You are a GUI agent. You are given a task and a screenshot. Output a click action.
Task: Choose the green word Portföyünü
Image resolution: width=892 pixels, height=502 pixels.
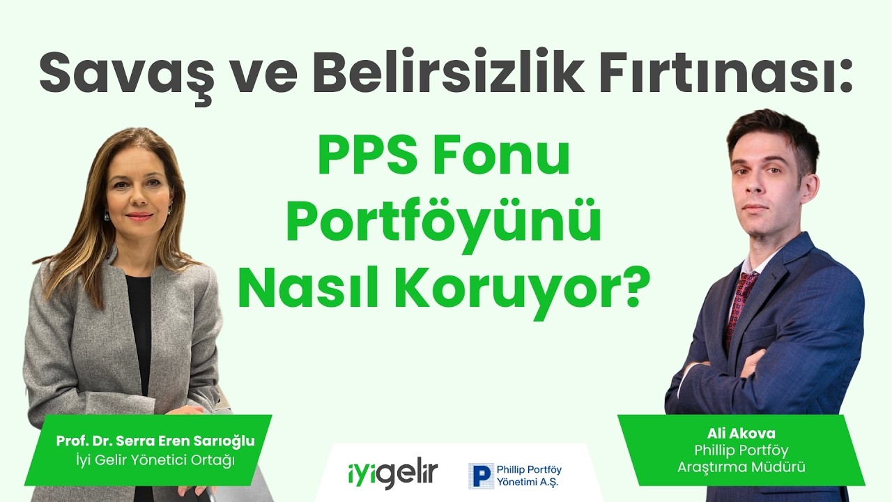tap(443, 222)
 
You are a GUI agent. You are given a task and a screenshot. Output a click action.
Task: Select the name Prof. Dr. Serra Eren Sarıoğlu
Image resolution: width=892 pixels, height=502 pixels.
tap(155, 441)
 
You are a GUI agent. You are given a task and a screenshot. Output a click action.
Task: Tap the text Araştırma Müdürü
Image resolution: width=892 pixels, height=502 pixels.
tap(741, 467)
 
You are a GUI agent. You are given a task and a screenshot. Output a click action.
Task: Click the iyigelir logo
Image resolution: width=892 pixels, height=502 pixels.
tap(392, 474)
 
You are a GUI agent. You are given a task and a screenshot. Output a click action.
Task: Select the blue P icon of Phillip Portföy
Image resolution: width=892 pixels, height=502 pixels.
tap(480, 475)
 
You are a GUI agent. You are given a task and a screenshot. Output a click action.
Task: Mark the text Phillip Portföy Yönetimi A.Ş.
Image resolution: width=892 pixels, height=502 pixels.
tap(529, 476)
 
